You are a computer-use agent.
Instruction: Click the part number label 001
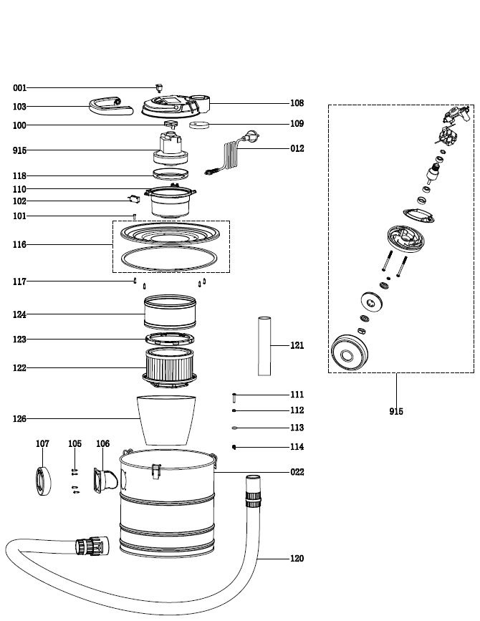(x=19, y=88)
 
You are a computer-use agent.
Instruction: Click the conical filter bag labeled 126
(x=166, y=419)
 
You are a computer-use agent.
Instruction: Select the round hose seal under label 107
(x=44, y=480)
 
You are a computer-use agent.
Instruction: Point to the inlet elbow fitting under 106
(x=102, y=479)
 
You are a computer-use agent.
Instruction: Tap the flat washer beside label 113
(x=234, y=428)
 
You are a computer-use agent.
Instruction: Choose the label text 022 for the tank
(x=297, y=472)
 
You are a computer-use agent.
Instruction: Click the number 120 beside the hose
(x=297, y=559)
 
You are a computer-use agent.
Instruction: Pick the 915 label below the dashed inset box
(x=395, y=411)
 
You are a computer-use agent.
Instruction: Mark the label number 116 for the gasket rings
(x=19, y=245)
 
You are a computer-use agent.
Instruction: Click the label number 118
(x=19, y=175)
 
